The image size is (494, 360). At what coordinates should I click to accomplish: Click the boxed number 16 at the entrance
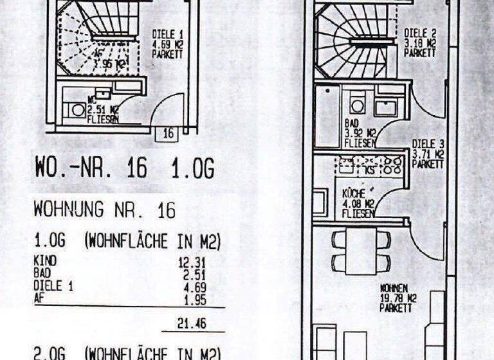click(169, 133)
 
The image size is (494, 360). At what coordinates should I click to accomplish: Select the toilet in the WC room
click(77, 110)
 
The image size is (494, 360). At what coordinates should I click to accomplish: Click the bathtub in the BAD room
click(328, 115)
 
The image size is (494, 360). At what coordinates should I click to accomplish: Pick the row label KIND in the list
click(45, 261)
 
